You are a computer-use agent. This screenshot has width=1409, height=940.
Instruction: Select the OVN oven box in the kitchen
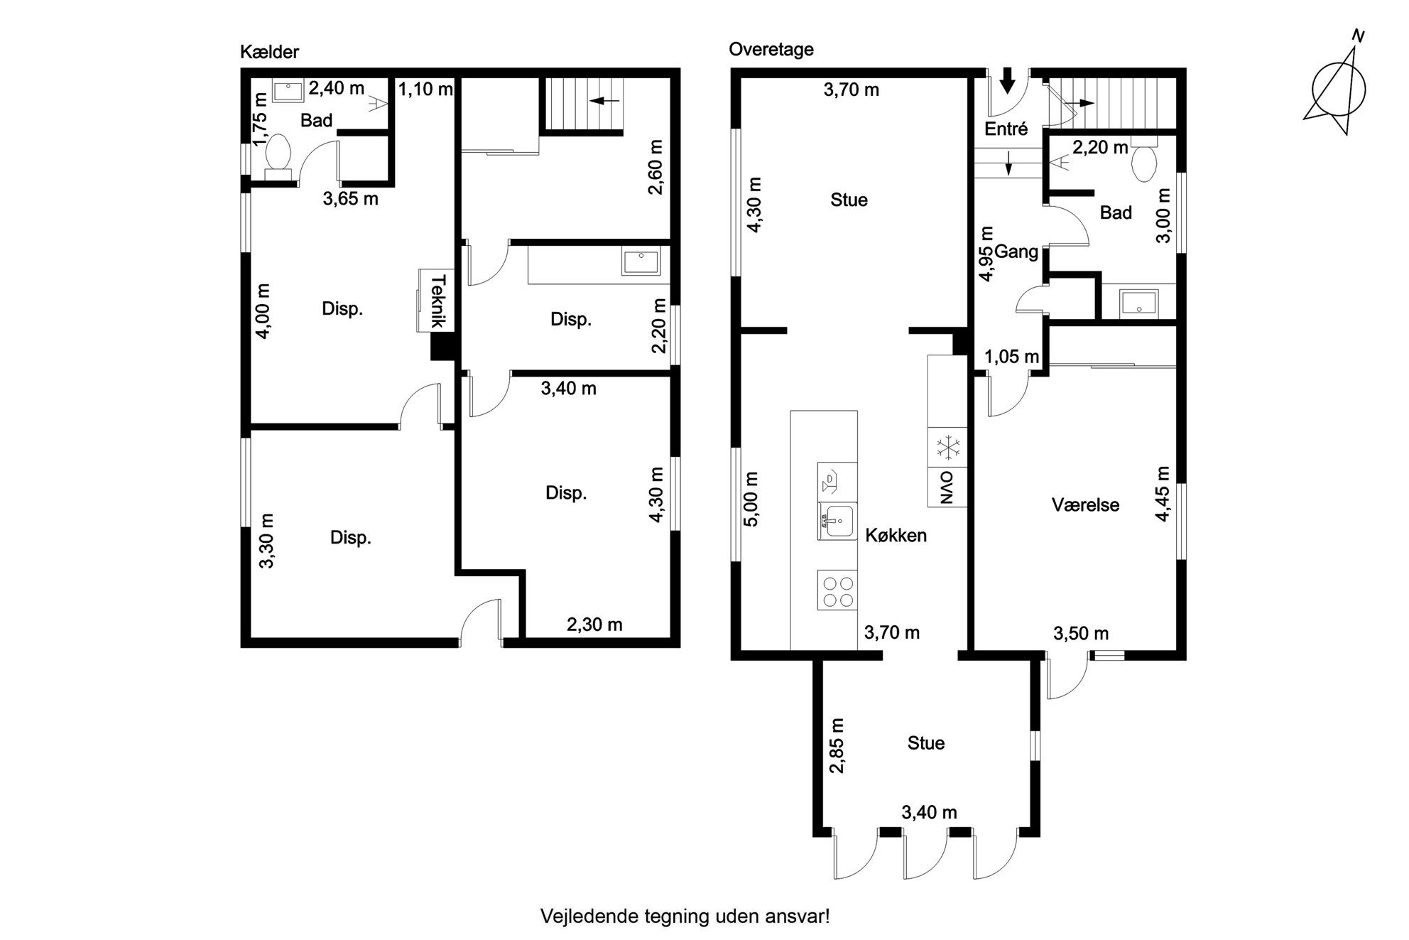pyautogui.click(x=947, y=487)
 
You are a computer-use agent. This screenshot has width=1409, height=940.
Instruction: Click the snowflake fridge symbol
pyautogui.click(x=947, y=448)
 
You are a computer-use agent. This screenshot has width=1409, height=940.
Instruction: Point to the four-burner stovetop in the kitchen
pyautogui.click(x=837, y=590)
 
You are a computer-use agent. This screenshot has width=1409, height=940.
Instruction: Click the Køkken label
pyautogui.click(x=896, y=535)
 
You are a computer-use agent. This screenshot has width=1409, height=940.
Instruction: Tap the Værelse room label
pyautogui.click(x=1085, y=505)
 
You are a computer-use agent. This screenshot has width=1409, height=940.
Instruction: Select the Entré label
pyautogui.click(x=1006, y=129)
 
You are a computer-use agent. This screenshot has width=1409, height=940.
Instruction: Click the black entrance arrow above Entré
pyautogui.click(x=1007, y=81)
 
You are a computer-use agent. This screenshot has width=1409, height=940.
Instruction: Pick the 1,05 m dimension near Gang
pyautogui.click(x=1012, y=357)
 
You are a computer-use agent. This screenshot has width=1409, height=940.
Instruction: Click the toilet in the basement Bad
pyautogui.click(x=277, y=155)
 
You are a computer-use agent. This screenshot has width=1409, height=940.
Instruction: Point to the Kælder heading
pyautogui.click(x=269, y=52)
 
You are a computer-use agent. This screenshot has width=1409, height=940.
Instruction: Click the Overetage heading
pyautogui.click(x=771, y=49)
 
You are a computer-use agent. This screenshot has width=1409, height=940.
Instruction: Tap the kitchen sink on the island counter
pyautogui.click(x=837, y=522)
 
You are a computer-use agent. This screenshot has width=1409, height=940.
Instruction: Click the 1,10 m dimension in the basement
pyautogui.click(x=425, y=90)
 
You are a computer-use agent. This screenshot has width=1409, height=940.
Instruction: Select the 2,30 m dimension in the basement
pyautogui.click(x=594, y=625)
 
